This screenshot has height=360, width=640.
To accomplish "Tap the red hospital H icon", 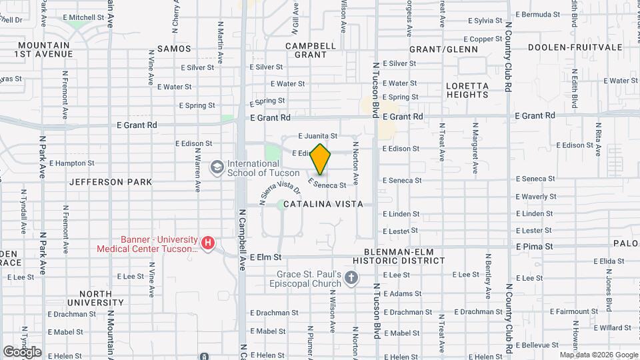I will click(209, 243).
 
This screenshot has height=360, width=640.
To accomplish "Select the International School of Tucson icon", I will click(216, 167).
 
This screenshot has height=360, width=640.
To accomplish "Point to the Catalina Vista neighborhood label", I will click(323, 204).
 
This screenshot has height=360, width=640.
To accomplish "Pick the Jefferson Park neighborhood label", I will click(111, 181).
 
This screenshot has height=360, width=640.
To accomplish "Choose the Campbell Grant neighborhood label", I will click(310, 50).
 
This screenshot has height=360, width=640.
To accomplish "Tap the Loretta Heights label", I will click(467, 90).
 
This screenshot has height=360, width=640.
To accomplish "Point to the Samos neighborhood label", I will click(174, 49).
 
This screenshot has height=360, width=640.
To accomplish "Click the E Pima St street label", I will click(534, 247).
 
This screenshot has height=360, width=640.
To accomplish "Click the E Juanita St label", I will click(318, 135).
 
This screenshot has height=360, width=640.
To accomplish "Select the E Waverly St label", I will click(536, 197).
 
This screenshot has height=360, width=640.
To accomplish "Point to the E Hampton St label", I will click(65, 163).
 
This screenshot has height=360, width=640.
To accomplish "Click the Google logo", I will click(22, 352).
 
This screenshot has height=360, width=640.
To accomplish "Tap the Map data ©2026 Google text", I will click(599, 355).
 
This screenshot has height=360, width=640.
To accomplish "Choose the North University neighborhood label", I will click(101, 298).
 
